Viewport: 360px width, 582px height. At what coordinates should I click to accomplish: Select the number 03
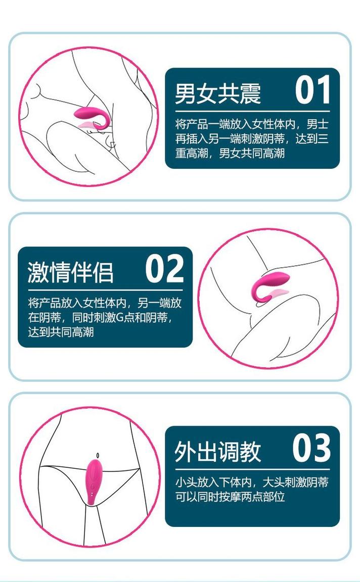pyautogui.click(x=311, y=448)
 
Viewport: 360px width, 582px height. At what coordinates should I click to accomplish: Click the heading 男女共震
pyautogui.click(x=218, y=93)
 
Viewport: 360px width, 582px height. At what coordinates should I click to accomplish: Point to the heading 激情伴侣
pyautogui.click(x=70, y=272)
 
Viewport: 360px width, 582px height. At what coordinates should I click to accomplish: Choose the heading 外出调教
pyautogui.click(x=218, y=452)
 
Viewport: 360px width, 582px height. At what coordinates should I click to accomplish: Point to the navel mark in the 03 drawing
pyautogui.click(x=98, y=455)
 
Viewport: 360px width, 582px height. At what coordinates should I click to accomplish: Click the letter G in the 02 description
pyautogui.click(x=120, y=318)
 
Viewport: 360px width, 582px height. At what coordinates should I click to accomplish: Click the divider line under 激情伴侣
pyautogui.click(x=105, y=290)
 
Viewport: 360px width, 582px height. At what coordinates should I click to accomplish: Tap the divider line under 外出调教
pyautogui.click(x=253, y=469)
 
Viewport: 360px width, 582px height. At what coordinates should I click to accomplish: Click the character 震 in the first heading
pyautogui.click(x=250, y=93)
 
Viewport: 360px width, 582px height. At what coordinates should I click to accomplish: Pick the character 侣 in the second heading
pyautogui.click(x=103, y=272)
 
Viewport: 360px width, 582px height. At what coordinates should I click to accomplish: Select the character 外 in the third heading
pyautogui.click(x=186, y=452)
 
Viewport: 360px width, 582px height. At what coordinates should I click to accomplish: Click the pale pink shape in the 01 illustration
pyautogui.click(x=88, y=124)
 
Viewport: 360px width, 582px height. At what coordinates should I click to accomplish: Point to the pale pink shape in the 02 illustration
pyautogui.click(x=278, y=293)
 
